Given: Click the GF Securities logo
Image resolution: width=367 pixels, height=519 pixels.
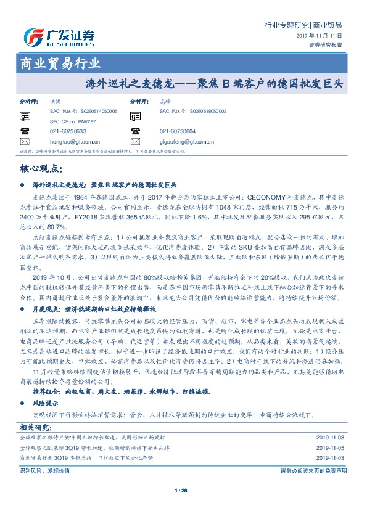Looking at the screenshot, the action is coord(59,38).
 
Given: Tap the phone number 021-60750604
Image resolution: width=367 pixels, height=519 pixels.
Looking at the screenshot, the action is coord(177,131).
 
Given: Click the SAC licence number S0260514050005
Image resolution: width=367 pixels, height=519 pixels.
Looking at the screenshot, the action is coord(92,111).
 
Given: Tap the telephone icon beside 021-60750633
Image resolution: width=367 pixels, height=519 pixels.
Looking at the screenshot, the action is coord(25,131).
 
